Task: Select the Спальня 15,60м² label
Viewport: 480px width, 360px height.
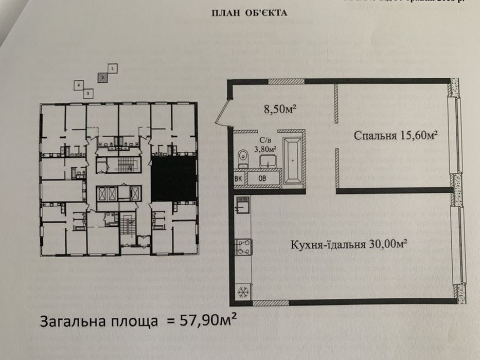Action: pos(396,135)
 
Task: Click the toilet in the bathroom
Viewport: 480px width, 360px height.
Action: pos(242,157)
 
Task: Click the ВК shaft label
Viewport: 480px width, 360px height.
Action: pos(239,178)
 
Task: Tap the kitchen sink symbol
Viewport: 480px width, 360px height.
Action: pos(242,207)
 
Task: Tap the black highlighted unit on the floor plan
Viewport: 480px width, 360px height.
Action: pos(173,178)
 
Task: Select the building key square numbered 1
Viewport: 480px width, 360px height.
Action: pos(113,67)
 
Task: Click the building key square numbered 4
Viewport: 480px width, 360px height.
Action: pos(78,85)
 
